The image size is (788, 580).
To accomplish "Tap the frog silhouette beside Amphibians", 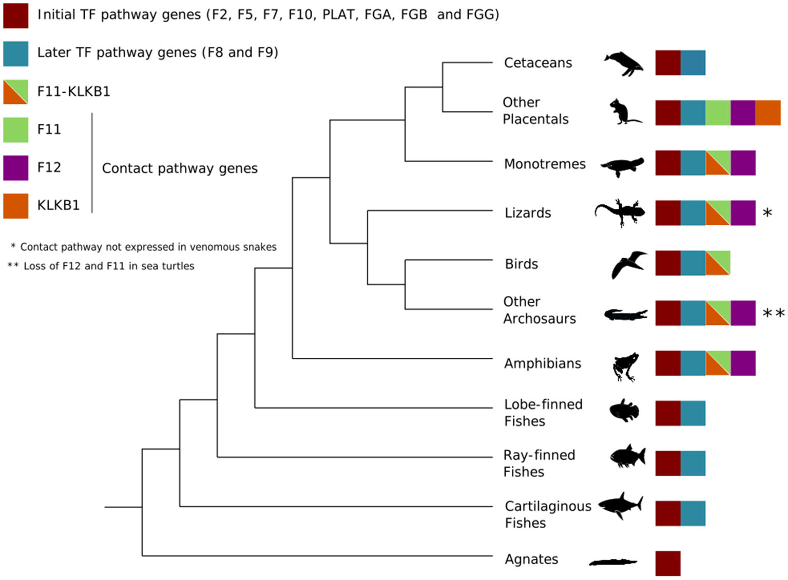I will click(x=626, y=366).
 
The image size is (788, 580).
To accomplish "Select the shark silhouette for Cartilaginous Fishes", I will click(x=621, y=505).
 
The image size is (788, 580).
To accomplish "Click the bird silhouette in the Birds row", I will click(x=628, y=264).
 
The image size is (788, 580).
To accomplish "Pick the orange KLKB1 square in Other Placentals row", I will click(x=767, y=113).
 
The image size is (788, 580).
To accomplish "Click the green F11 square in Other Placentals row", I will click(x=718, y=113).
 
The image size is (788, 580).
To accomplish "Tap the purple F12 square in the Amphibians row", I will click(x=743, y=363).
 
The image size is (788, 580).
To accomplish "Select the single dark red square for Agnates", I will click(x=668, y=564).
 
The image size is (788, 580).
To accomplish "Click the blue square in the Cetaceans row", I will click(x=693, y=63).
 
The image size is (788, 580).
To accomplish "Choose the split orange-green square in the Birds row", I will click(x=718, y=263).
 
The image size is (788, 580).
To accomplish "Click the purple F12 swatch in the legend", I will click(x=16, y=168).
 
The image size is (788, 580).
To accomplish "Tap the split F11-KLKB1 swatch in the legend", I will click(x=16, y=92).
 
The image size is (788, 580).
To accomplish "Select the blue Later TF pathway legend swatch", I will click(x=16, y=54).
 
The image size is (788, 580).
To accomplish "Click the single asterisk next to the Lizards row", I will click(x=767, y=212).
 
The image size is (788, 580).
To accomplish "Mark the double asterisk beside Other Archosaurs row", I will click(x=773, y=313).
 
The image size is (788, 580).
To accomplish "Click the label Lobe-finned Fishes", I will click(x=543, y=413).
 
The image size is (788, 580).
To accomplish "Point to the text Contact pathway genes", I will click(x=180, y=168).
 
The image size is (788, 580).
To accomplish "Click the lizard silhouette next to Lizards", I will click(x=620, y=212).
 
